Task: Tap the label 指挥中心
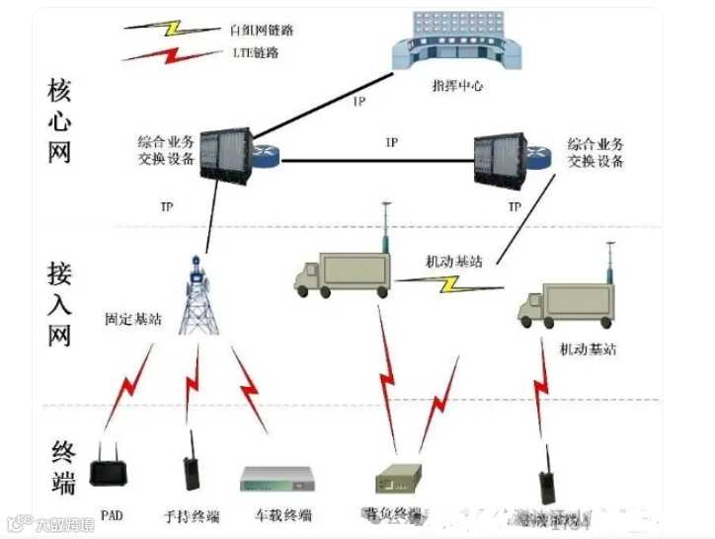point(458,87)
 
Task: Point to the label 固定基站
point(133,321)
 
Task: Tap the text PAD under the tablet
point(112,514)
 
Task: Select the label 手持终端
point(191,516)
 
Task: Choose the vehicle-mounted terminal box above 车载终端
point(281,479)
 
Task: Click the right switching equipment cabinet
point(500,157)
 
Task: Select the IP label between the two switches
point(391,143)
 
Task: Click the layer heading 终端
point(61,468)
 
